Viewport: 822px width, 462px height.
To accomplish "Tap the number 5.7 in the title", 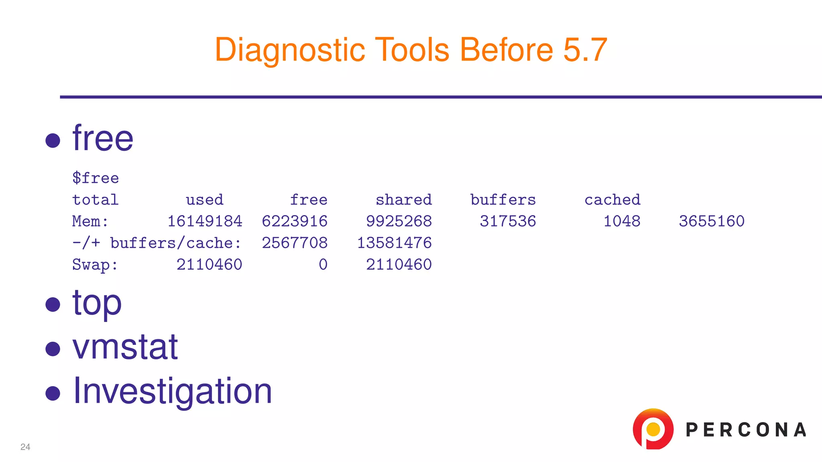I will tap(585, 50).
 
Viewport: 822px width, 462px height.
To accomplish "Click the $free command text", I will tap(96, 178).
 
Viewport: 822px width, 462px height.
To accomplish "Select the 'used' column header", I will tap(204, 200).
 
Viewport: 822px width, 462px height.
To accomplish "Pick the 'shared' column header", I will tap(403, 200).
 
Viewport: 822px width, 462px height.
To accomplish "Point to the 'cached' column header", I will tap(612, 200).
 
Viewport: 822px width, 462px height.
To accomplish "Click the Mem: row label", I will tap(90, 221).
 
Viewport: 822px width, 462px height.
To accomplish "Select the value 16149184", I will tap(205, 221).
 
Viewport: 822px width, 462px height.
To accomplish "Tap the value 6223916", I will tap(295, 221).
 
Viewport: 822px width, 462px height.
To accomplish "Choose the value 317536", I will tap(508, 221).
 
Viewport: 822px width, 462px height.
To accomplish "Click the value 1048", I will tap(622, 221).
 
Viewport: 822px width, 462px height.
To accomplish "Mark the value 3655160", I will tap(712, 221).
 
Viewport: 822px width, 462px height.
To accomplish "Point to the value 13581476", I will tap(394, 243).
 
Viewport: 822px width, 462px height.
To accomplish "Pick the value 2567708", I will tap(295, 243).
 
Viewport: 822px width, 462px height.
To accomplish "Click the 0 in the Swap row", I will tap(323, 265).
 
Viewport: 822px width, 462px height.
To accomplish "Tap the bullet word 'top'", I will tap(97, 304).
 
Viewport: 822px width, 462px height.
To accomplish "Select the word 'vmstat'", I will tap(125, 347).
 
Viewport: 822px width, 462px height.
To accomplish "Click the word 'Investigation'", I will tap(173, 391).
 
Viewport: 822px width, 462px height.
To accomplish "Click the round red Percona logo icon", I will tap(653, 429).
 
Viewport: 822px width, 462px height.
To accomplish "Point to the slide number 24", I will tap(25, 447).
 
